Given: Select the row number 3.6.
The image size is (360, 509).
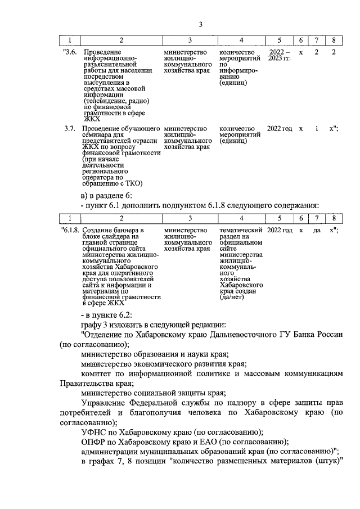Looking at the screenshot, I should (x=69, y=52).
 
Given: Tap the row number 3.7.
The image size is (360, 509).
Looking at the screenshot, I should (x=70, y=129).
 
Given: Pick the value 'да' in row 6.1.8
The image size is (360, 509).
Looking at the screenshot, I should (x=317, y=231).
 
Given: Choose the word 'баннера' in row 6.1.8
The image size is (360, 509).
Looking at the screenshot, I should (x=127, y=231).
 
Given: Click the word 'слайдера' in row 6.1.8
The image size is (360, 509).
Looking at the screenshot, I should (x=113, y=237).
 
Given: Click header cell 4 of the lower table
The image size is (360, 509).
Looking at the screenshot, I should (x=241, y=218).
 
